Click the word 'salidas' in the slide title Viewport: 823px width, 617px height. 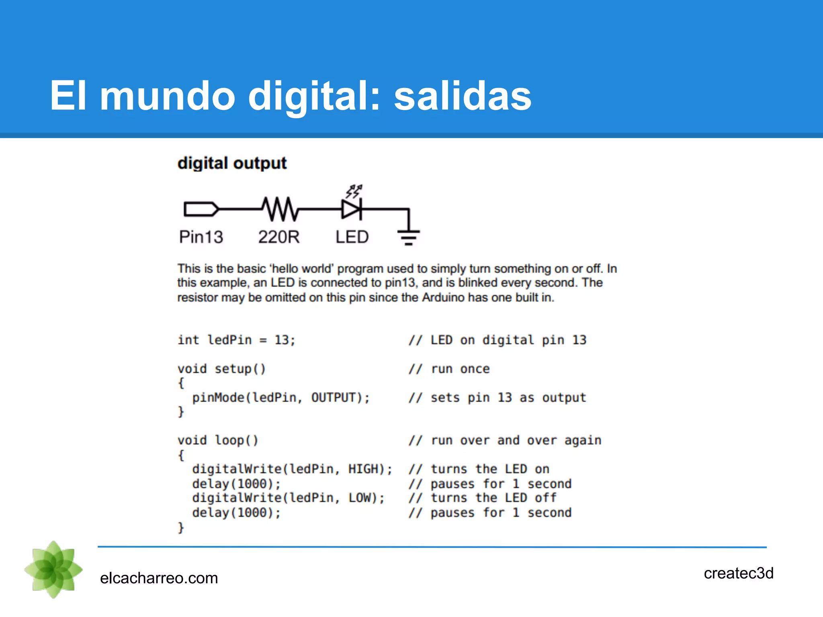point(463,96)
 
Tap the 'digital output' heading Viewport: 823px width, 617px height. point(232,163)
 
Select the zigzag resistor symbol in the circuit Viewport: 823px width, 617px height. point(280,209)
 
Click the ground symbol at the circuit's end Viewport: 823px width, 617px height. point(409,237)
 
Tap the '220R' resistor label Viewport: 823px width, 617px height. point(279,237)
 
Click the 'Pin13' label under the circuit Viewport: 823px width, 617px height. point(201,237)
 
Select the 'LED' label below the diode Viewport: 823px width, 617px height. point(352,237)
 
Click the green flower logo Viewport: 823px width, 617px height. point(53,570)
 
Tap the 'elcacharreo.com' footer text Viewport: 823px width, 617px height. point(159,578)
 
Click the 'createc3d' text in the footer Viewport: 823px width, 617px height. point(738,573)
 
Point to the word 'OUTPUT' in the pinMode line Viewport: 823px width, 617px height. point(334,398)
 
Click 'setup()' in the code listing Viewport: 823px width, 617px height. point(240,369)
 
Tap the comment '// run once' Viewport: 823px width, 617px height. point(449,369)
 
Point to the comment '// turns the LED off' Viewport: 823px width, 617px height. point(482,498)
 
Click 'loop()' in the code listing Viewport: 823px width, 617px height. point(236,441)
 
